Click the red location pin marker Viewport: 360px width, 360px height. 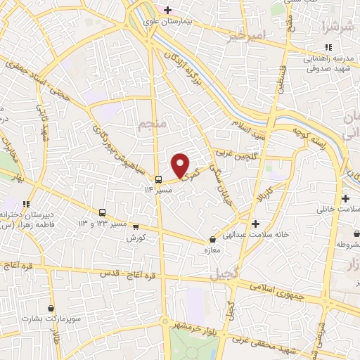tap(181, 165)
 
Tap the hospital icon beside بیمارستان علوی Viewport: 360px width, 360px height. tap(167, 9)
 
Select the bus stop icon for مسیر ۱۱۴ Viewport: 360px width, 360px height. tap(159, 179)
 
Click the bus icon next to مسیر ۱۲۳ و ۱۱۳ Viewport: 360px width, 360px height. tap(103, 212)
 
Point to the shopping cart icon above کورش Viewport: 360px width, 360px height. tap(136, 227)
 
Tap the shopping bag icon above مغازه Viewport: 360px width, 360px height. tap(212, 239)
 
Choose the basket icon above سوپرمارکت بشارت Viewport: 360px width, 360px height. tap(51, 308)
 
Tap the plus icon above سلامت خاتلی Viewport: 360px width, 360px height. tap(345, 198)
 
